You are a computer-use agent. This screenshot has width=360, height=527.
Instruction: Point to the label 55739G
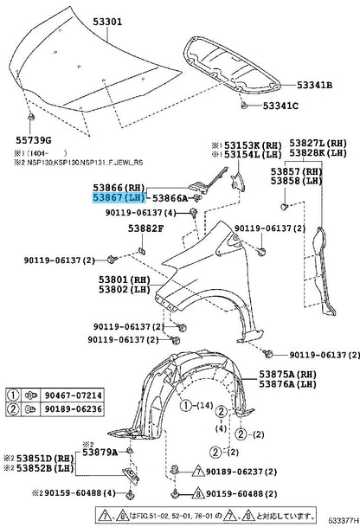coord(29,140)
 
